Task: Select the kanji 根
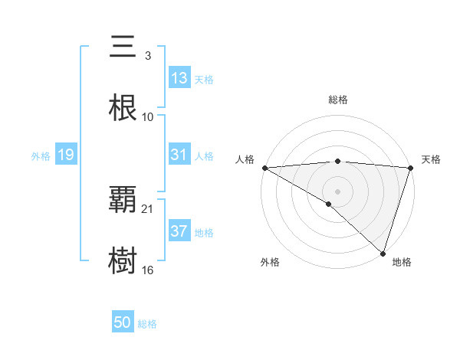click(123, 108)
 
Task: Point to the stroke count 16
click(148, 270)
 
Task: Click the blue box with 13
click(179, 78)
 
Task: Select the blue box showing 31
click(179, 155)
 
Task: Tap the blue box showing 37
click(179, 231)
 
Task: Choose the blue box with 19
click(66, 155)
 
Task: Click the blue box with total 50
click(123, 323)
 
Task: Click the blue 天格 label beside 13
click(204, 79)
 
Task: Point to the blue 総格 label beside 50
click(147, 324)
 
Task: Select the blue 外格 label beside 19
click(41, 155)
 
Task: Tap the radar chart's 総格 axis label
click(337, 100)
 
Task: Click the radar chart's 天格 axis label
click(431, 159)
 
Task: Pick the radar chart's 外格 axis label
click(270, 262)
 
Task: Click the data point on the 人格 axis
click(264, 168)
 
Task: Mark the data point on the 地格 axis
click(383, 253)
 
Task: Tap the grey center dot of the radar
click(337, 191)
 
